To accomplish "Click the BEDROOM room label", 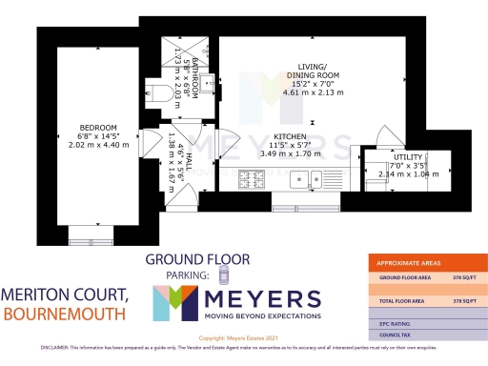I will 98,128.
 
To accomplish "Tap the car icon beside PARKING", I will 222,275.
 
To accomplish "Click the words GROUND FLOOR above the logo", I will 197,258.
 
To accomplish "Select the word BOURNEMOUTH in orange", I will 63,313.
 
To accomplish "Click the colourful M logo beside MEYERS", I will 173,303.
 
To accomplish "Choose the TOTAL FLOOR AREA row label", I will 400,300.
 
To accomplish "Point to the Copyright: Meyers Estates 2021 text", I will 245,338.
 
